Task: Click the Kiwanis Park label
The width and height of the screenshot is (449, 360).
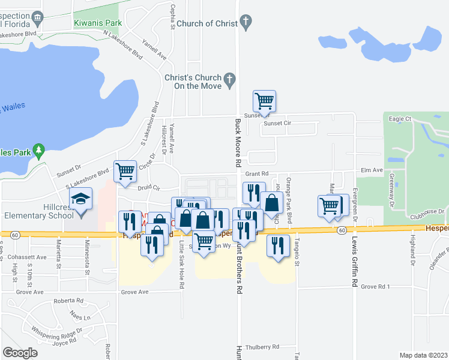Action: (x=98, y=23)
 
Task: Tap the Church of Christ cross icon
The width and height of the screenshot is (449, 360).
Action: (x=245, y=23)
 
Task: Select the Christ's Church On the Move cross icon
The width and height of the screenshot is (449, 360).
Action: (x=229, y=80)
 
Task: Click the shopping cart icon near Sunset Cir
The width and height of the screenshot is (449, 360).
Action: (x=264, y=100)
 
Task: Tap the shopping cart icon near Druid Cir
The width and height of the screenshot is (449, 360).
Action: (x=125, y=171)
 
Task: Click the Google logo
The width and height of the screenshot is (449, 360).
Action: (x=20, y=352)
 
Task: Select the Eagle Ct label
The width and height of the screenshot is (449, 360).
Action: (x=400, y=119)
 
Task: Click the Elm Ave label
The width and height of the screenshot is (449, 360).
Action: (x=371, y=170)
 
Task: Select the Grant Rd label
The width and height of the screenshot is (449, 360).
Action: (x=256, y=173)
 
